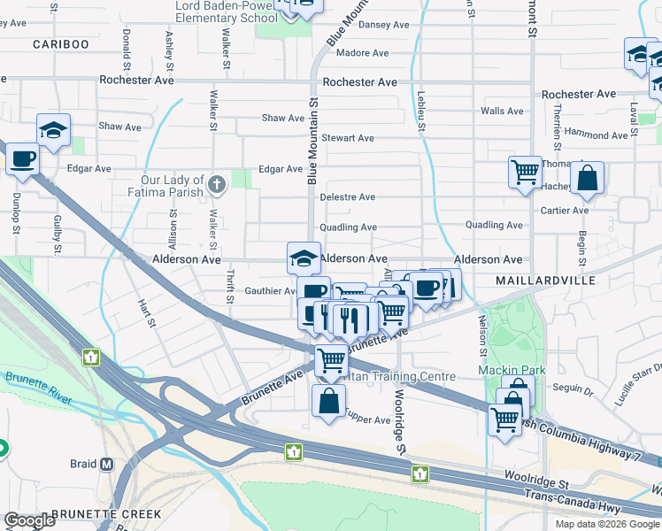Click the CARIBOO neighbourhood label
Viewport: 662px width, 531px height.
[x=61, y=44]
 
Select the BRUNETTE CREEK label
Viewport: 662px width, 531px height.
[x=106, y=514]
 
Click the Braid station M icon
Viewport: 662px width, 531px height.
[x=107, y=464]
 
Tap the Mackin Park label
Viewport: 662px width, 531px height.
[x=512, y=370]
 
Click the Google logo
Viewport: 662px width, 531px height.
[x=30, y=520]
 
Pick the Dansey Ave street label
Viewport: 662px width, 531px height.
[x=383, y=25]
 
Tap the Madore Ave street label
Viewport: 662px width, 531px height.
[x=363, y=53]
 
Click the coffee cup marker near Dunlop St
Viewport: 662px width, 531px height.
[x=22, y=160]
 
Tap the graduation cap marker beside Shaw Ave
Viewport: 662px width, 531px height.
[x=53, y=130]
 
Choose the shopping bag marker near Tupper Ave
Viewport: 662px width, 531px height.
[x=328, y=400]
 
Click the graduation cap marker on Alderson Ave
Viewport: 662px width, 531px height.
[x=304, y=258]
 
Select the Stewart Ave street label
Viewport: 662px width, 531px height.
[x=347, y=138]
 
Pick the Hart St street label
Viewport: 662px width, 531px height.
[x=147, y=313]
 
